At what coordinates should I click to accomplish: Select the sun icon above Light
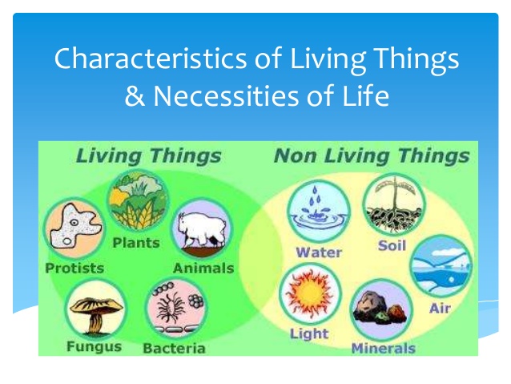pos(309,293)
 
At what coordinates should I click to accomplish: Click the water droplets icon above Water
pos(316,210)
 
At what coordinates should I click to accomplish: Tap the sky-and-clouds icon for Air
pos(441,265)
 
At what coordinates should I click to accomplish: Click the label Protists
pos(74,268)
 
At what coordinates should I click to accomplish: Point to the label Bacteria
pos(174,348)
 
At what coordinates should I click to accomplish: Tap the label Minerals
pos(383,348)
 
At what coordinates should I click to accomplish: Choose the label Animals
pos(203,268)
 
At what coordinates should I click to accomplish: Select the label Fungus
pos(95,347)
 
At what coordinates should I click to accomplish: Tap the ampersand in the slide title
pos(135,97)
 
